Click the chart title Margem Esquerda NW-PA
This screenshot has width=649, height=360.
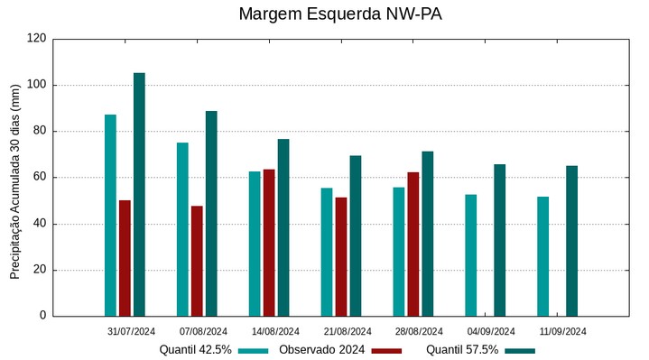pyautogui.click(x=340, y=14)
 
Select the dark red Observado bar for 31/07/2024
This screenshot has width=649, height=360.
pyautogui.click(x=125, y=258)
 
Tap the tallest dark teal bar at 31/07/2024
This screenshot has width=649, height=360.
pyautogui.click(x=139, y=194)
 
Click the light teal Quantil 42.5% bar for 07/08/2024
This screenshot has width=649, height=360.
pyautogui.click(x=182, y=229)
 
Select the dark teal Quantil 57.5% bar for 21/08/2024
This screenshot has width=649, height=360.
pyautogui.click(x=356, y=235)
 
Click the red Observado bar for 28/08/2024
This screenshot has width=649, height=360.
pyautogui.click(x=413, y=244)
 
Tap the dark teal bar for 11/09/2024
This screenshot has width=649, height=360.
pyautogui.click(x=572, y=241)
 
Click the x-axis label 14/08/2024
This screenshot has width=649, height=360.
pyautogui.click(x=275, y=331)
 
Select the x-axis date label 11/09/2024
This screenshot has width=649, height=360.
pyautogui.click(x=563, y=331)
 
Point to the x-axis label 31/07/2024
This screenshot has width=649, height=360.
pyautogui.click(x=131, y=331)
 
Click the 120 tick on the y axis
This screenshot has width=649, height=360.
pyautogui.click(x=37, y=39)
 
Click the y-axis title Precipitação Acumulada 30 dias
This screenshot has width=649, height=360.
pyautogui.click(x=15, y=180)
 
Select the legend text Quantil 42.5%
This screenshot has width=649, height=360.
pyautogui.click(x=196, y=350)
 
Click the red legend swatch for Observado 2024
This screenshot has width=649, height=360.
pyautogui.click(x=386, y=350)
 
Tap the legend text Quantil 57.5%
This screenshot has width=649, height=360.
pyautogui.click(x=462, y=350)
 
